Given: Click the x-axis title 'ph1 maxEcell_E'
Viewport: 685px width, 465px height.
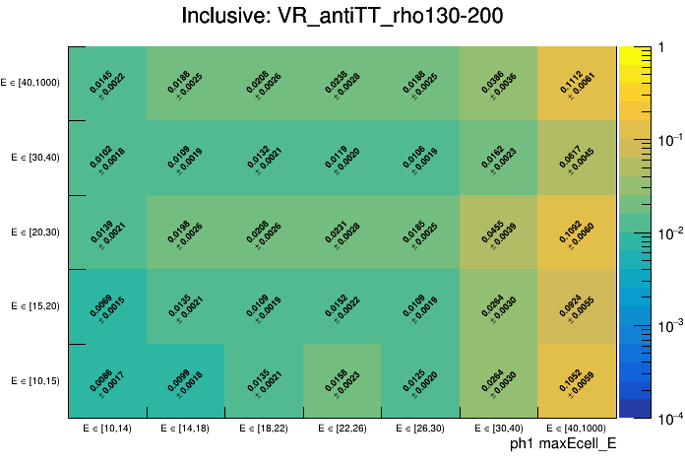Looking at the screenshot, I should click(x=562, y=444).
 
